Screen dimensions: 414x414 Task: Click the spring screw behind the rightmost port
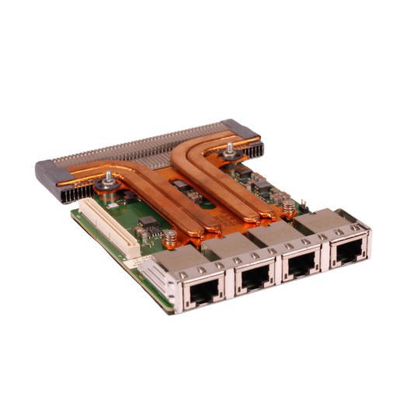click(288, 207)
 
